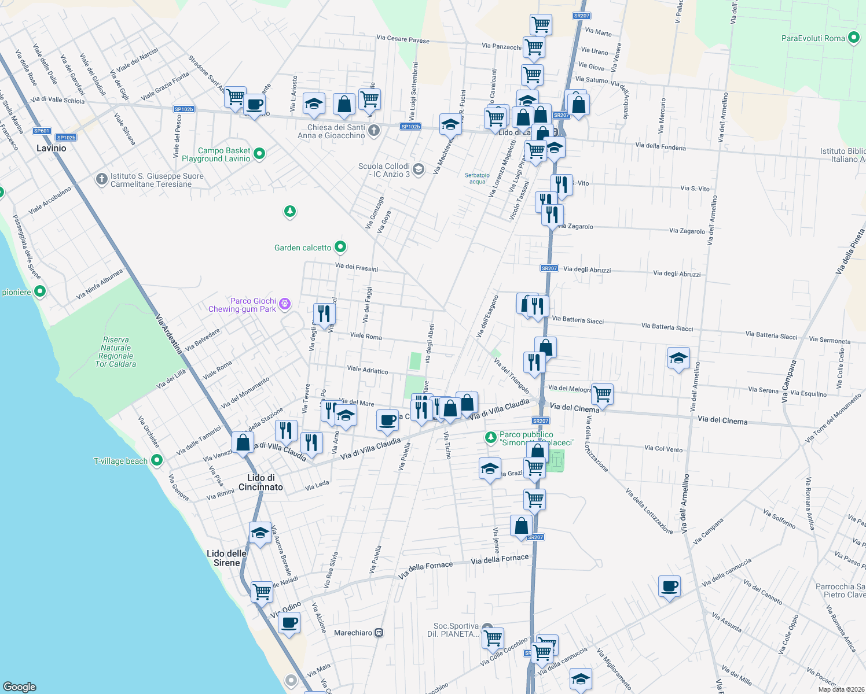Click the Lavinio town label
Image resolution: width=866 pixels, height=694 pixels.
point(51,148)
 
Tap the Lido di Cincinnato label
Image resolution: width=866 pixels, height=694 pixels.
point(260,482)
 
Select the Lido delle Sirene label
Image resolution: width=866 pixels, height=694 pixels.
point(226,558)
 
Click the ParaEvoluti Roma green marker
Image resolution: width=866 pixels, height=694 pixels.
point(854,38)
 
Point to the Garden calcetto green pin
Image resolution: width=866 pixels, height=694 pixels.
point(340,248)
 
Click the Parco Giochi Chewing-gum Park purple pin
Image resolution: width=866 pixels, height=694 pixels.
point(284,304)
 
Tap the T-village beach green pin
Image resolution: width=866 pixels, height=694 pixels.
point(157,460)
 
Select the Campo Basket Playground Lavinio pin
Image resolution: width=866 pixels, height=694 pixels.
point(259,154)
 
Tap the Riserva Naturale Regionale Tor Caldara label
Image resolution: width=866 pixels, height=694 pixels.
point(116,352)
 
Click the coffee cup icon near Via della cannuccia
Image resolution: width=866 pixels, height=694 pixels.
point(669,587)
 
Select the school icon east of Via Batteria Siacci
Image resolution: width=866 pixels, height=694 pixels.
point(678,359)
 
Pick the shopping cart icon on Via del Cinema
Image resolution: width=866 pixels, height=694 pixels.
point(602,394)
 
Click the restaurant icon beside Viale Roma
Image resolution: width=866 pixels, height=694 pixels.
point(324,314)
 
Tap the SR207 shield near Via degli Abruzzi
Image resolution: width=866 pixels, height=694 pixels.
point(549,268)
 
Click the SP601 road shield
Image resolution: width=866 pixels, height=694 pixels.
point(42,131)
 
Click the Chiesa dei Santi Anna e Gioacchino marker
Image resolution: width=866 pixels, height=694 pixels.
point(374,130)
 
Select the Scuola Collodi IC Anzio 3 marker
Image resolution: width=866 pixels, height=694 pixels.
point(419,169)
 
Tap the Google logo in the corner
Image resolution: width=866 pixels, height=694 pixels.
point(19,686)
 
